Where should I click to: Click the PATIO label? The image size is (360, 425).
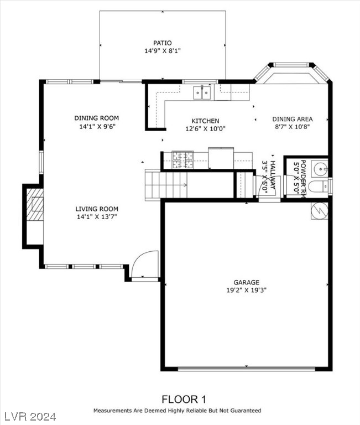[162, 43]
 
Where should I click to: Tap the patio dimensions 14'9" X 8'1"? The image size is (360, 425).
[162, 51]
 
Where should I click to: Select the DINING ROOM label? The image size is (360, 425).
[97, 118]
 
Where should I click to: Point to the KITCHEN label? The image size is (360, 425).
[205, 121]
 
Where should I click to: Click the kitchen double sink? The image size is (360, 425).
[202, 92]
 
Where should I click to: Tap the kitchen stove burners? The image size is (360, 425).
[182, 160]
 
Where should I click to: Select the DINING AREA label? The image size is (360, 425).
[292, 119]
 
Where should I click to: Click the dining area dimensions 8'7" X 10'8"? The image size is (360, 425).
[292, 127]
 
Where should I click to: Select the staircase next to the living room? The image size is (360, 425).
[166, 184]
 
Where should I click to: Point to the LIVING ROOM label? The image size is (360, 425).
[97, 209]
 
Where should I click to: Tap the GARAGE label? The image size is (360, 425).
[247, 282]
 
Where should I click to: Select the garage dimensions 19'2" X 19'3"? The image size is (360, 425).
[247, 290]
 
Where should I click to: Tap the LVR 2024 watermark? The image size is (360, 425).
[33, 415]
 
